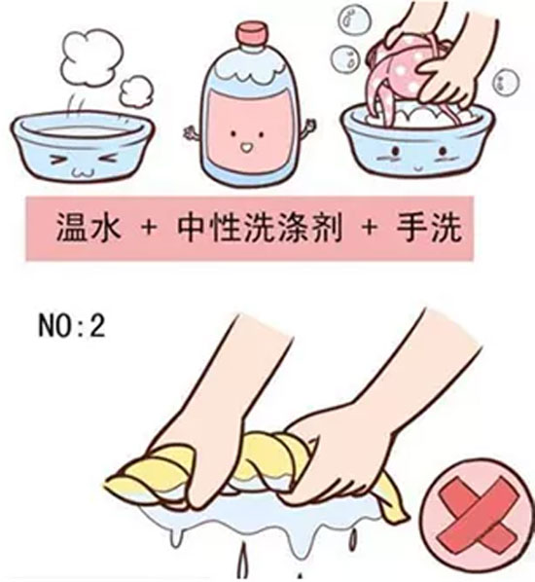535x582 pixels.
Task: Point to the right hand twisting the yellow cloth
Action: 360,428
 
